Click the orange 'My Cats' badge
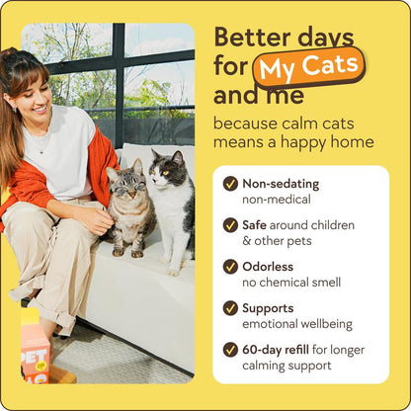pos(308,69)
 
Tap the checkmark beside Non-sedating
pos(230,183)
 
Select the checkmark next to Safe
pos(230,224)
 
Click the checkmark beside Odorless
pos(230,266)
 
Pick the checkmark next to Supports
pos(230,307)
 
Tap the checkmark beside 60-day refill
pos(230,349)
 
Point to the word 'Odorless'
pos(269,266)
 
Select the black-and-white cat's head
pos(169,169)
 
